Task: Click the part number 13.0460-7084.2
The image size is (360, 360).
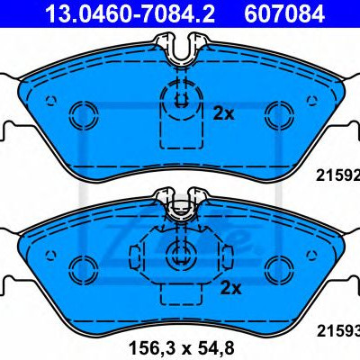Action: tap(130, 13)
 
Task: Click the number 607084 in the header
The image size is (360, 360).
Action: tap(284, 13)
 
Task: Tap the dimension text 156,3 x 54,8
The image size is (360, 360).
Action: tap(182, 346)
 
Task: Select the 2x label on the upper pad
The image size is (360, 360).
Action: tap(223, 114)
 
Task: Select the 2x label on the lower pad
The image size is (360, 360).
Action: tap(230, 288)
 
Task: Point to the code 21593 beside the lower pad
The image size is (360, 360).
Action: tap(338, 331)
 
